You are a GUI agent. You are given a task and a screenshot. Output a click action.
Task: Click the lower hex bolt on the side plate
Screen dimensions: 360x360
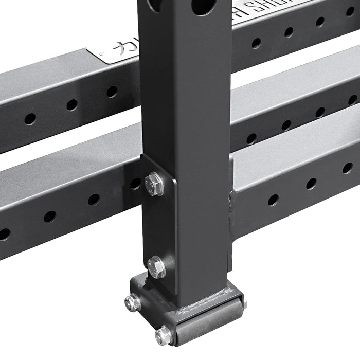point(156,267)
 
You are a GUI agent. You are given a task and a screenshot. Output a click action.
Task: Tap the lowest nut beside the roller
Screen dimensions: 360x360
point(164,335)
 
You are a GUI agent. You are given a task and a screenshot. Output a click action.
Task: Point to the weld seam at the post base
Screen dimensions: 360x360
point(206,308)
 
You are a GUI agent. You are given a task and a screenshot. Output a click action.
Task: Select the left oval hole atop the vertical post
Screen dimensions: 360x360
point(153,5)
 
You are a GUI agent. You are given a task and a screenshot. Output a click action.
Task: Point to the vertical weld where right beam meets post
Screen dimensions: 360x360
point(233,206)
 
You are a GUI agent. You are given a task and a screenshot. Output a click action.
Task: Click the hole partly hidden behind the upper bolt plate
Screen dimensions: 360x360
point(135,183)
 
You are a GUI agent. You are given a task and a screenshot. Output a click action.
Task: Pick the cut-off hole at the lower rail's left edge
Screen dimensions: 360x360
point(4,234)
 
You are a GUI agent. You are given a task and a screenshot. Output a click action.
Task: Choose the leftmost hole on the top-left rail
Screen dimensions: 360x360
point(30,119)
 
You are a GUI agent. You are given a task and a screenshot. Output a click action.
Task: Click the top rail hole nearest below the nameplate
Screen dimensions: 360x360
point(112,92)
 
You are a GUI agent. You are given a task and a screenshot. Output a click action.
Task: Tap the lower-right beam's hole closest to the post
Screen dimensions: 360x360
point(273,200)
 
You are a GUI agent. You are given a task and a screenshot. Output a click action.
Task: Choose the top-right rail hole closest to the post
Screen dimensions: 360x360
point(256,43)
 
